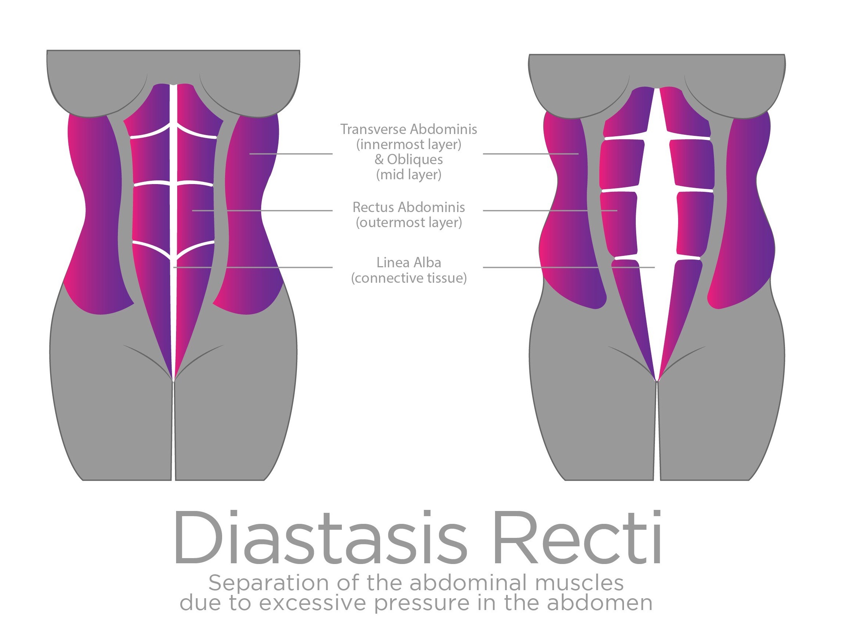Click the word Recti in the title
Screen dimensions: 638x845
577,538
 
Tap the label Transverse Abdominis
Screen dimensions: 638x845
409,130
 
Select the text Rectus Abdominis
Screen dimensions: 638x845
409,207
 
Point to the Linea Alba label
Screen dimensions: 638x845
409,263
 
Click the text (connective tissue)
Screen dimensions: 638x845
409,278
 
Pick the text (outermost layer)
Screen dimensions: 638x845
409,222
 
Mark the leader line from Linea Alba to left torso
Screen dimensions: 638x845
267,267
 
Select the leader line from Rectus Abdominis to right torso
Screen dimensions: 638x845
535,210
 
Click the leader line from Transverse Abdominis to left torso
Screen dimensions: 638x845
290,154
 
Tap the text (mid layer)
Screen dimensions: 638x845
409,175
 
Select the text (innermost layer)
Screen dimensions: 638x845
409,144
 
